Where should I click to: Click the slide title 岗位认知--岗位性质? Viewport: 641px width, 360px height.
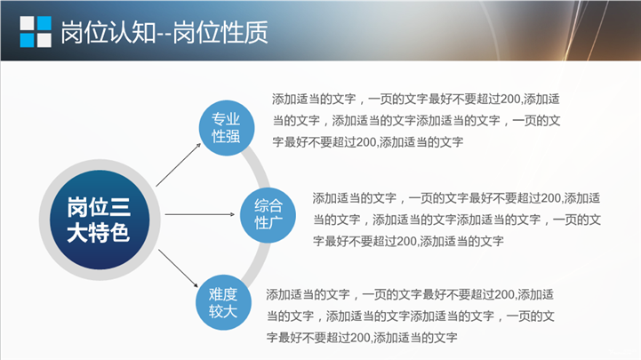(164, 32)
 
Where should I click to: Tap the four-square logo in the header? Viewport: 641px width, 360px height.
(36, 31)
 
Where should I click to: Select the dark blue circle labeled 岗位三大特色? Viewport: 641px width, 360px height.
(100, 220)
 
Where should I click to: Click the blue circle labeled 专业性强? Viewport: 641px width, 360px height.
(227, 128)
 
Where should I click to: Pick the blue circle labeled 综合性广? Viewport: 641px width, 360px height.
(268, 215)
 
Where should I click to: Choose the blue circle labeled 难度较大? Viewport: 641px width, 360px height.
(224, 302)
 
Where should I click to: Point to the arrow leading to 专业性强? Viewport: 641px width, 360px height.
(179, 164)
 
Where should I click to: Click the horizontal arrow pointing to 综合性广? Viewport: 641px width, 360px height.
(200, 214)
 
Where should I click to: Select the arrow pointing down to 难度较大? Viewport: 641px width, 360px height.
(178, 268)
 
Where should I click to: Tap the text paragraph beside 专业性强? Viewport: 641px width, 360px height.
(416, 121)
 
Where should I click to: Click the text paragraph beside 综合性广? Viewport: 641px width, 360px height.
(457, 220)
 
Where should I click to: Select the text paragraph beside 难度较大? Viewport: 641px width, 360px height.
(410, 316)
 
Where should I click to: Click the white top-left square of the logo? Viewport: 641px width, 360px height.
(27, 23)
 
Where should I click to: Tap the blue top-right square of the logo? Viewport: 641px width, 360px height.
(44, 23)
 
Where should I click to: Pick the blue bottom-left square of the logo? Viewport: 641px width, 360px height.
(27, 40)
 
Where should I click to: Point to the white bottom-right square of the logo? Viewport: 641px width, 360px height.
(44, 40)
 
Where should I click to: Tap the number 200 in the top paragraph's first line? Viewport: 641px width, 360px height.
(510, 100)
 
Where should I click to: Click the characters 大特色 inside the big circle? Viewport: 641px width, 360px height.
(99, 233)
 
